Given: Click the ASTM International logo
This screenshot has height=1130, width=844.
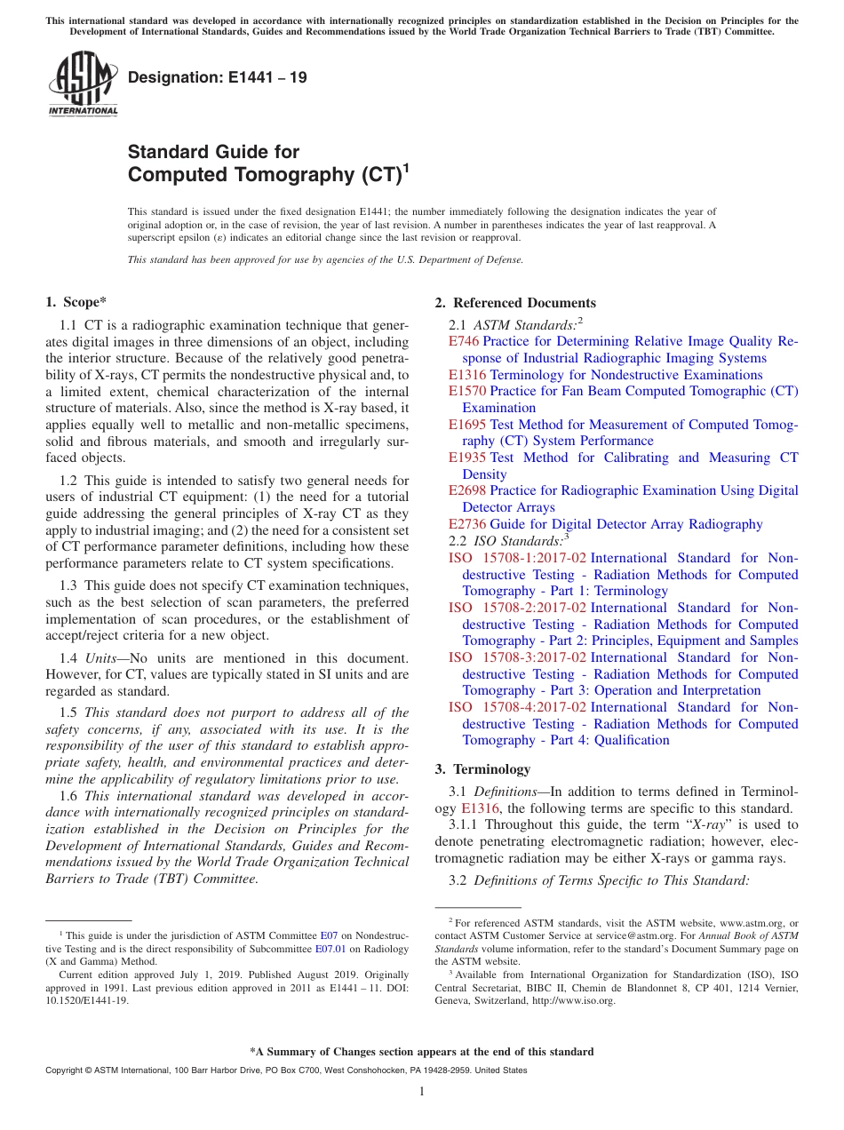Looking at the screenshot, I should pyautogui.click(x=83, y=84).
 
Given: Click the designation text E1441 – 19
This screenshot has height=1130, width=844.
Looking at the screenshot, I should pyautogui.click(x=218, y=77).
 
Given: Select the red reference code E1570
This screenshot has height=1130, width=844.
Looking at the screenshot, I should pyautogui.click(x=467, y=391).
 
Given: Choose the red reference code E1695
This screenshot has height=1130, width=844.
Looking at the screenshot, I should pyautogui.click(x=467, y=425).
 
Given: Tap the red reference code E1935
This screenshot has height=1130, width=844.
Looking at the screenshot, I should pyautogui.click(x=467, y=458).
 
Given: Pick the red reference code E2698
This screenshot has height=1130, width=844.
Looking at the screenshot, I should pyautogui.click(x=467, y=490).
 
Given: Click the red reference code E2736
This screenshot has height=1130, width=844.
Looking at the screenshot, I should pyautogui.click(x=467, y=524).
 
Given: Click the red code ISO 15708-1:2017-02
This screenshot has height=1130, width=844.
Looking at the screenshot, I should pyautogui.click(x=517, y=558).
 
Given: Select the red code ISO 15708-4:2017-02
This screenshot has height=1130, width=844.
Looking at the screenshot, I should pyautogui.click(x=517, y=707).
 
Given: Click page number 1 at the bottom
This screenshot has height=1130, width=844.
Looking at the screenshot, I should pyautogui.click(x=422, y=1092).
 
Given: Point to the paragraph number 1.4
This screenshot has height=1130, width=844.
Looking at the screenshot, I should pyautogui.click(x=68, y=658).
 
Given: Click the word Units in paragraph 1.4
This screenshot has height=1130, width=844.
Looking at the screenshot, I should pyautogui.click(x=102, y=658).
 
